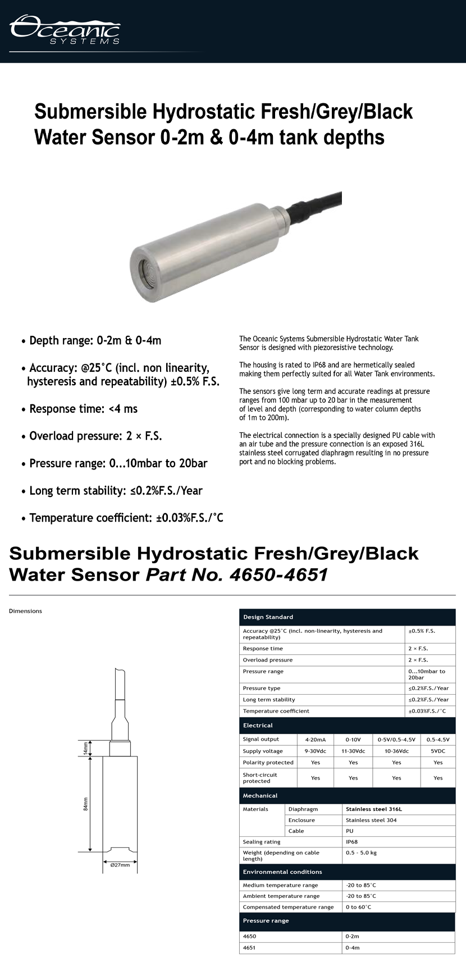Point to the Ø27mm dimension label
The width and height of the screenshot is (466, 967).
[x=120, y=865]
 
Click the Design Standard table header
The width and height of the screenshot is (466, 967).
[x=268, y=617]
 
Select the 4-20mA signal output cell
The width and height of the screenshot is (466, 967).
[x=315, y=740]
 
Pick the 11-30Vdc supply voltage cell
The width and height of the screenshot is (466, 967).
[x=353, y=751]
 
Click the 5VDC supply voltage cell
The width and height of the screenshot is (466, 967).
[x=438, y=751]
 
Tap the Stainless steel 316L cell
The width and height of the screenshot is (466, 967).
[x=374, y=809]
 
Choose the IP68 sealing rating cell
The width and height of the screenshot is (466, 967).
[x=352, y=842]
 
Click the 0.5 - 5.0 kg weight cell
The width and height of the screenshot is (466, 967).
[x=361, y=852]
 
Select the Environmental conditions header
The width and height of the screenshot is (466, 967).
[x=282, y=872]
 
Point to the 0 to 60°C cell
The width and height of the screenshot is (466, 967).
[x=359, y=907]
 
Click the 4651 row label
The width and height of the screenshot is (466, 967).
[x=249, y=947]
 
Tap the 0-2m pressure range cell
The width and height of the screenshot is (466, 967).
[x=353, y=936]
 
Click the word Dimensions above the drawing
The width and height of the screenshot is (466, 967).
[x=25, y=611]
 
